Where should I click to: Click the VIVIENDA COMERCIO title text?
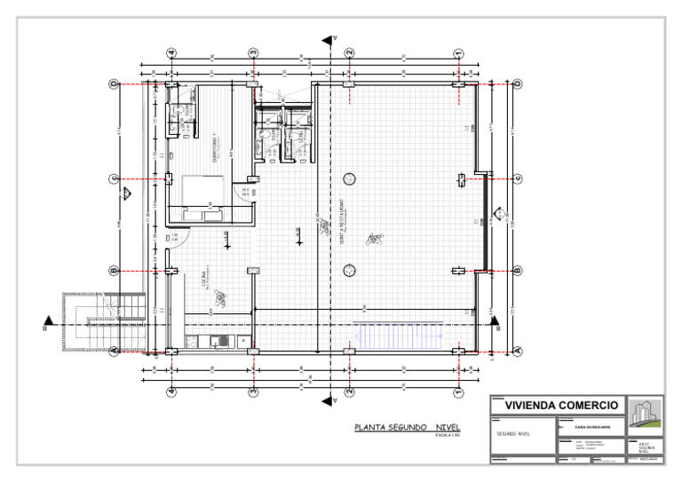click(x=561, y=406)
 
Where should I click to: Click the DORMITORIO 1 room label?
click(x=214, y=146)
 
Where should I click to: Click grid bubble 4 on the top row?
click(x=171, y=53)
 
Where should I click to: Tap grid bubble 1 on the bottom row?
click(x=458, y=391)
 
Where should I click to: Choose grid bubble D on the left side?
click(x=114, y=84)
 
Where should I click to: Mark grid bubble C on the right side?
click(x=518, y=179)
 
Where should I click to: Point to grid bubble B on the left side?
click(x=114, y=271)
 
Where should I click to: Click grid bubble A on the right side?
click(x=518, y=352)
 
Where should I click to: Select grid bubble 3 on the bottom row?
click(x=253, y=391)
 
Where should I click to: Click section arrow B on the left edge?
click(x=47, y=323)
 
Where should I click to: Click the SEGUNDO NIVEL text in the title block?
click(x=512, y=434)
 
